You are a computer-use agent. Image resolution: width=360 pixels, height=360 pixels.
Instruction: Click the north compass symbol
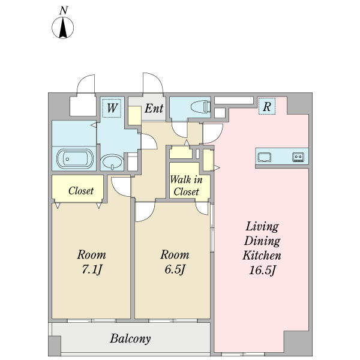click(62, 28)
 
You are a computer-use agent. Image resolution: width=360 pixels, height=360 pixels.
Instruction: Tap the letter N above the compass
click(64, 11)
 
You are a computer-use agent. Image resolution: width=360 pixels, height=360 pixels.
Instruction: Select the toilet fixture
click(200, 107)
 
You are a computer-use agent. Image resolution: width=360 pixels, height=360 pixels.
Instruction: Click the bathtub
click(75, 158)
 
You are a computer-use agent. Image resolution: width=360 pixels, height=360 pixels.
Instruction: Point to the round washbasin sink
click(112, 161)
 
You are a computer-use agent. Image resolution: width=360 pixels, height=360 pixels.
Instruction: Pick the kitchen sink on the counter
click(264, 157)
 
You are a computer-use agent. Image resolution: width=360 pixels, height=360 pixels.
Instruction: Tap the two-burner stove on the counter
click(298, 157)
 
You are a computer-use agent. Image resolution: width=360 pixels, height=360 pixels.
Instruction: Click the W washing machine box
click(112, 108)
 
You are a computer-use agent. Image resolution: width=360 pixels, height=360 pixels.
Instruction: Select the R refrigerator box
click(267, 106)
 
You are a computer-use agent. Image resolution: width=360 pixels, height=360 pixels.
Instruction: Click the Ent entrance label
click(154, 108)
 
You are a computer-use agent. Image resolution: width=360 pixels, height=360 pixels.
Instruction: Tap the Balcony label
click(130, 338)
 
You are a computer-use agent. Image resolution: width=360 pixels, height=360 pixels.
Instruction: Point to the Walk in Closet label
click(186, 185)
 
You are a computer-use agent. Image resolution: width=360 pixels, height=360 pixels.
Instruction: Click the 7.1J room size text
click(92, 269)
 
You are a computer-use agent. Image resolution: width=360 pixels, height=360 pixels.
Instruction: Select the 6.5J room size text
click(175, 269)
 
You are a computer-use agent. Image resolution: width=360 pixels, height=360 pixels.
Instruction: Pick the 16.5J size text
click(262, 270)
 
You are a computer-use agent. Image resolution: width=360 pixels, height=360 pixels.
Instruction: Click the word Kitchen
click(262, 256)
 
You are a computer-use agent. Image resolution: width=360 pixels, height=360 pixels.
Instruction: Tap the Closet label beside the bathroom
click(81, 191)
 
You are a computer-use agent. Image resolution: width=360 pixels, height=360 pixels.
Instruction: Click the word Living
click(262, 227)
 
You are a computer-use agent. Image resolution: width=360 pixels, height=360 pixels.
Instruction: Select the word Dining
click(262, 241)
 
